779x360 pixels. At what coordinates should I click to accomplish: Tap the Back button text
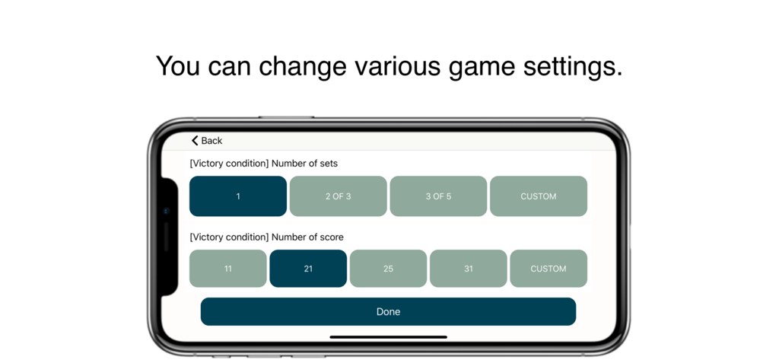(211, 141)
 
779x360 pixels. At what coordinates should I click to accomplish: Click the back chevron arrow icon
(195, 141)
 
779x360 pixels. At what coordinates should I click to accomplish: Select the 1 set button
(238, 196)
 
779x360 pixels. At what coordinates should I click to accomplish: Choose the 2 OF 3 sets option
(339, 196)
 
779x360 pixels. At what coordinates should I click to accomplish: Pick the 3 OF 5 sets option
(438, 196)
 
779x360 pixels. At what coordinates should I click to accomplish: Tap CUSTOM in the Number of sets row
(539, 196)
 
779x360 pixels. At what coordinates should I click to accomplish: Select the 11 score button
(228, 269)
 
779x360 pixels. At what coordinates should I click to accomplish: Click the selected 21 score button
(308, 269)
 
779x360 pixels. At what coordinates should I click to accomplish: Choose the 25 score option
(388, 269)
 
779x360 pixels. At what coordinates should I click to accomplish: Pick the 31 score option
(469, 269)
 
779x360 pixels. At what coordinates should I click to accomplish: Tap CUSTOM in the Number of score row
(548, 269)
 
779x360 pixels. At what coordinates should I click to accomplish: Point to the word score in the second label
(331, 237)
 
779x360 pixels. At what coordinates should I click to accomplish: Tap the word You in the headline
(178, 67)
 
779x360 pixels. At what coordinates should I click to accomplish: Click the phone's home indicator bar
(388, 336)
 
